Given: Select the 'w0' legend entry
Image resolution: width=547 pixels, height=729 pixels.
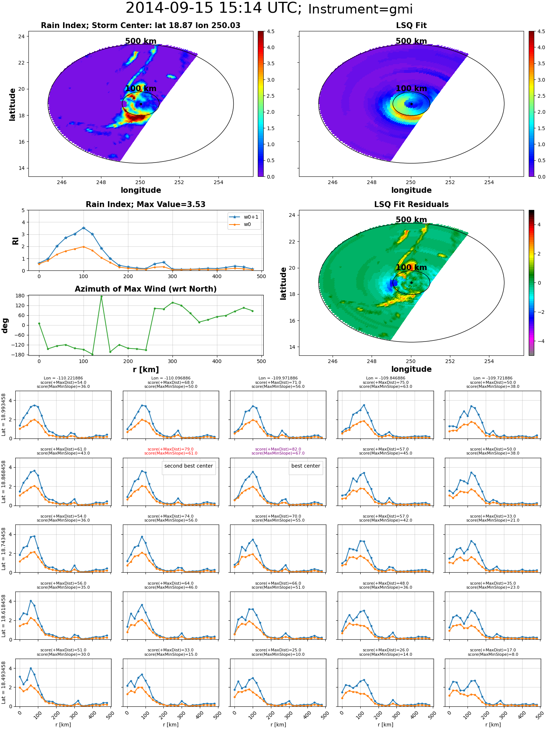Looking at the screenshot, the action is click(241, 225).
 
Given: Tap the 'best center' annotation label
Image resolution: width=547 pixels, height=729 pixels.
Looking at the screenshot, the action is click(306, 466).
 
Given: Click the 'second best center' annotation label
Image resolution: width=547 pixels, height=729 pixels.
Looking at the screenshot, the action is click(189, 466).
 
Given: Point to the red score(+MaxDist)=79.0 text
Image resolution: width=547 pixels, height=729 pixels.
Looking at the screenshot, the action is click(171, 449).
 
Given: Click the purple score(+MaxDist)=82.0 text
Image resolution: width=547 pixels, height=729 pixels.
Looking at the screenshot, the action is click(278, 449).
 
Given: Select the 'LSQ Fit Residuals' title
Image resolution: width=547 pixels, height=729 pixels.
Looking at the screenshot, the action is click(411, 204).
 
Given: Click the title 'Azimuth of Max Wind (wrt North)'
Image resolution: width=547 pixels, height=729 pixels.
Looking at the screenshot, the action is click(146, 289).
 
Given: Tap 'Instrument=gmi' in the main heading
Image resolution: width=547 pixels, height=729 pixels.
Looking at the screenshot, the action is click(360, 9).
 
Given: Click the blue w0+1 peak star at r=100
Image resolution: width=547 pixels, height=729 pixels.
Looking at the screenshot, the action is click(84, 228).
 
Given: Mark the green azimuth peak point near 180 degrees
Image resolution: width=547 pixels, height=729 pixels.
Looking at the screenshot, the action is click(101, 297).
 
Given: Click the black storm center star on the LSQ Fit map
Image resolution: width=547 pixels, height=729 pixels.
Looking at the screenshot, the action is click(411, 104).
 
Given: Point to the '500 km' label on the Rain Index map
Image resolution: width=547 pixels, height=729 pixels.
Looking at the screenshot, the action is click(141, 41).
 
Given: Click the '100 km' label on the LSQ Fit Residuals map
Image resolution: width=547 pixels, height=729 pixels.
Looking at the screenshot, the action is click(411, 268).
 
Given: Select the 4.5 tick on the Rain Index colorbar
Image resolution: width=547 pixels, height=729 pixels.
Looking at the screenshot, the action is click(271, 31).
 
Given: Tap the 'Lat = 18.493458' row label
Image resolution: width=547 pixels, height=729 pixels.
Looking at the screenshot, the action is click(4, 683).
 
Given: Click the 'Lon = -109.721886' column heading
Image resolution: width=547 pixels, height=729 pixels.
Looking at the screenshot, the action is click(493, 378).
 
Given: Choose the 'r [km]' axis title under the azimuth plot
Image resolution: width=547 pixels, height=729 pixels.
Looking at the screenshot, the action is click(146, 370).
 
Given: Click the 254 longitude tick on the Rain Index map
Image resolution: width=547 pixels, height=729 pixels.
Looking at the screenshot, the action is click(218, 182).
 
